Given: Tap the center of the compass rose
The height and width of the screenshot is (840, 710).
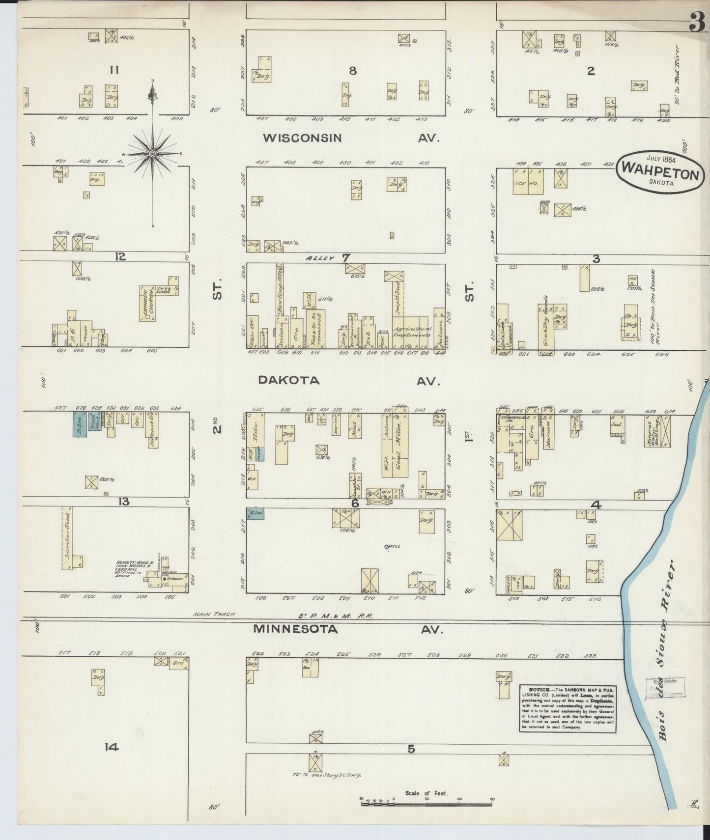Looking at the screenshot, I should (x=153, y=154).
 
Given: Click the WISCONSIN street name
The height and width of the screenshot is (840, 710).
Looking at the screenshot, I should (x=302, y=138).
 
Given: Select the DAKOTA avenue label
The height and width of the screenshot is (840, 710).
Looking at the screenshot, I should (x=289, y=380).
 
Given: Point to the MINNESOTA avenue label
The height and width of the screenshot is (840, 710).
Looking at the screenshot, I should (x=295, y=629).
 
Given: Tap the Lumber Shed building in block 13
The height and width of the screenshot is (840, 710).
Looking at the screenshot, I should (x=67, y=538).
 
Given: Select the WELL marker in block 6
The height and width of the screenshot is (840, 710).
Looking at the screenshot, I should (x=387, y=546).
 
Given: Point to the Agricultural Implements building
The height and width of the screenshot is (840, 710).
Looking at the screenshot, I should (x=412, y=332).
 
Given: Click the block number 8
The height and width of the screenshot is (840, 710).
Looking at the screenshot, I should (x=352, y=71).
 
